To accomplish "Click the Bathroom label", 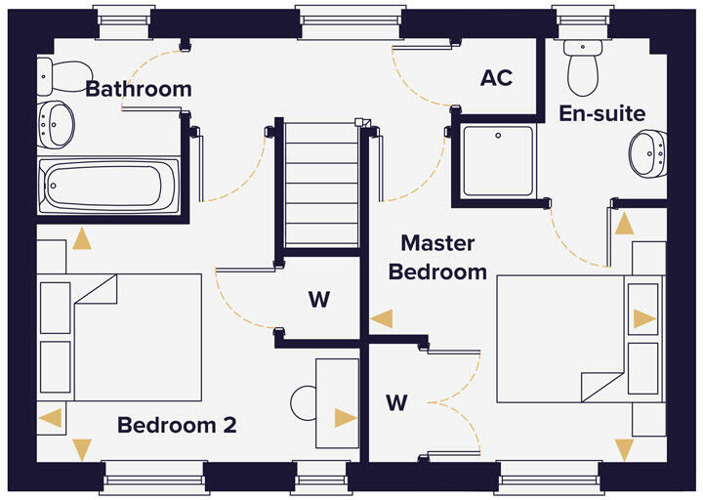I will [139, 89].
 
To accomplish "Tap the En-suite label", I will [601, 113].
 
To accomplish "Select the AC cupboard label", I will [496, 78].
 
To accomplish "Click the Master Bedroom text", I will [437, 257].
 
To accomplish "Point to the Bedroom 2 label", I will [177, 426].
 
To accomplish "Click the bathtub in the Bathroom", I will [107, 186].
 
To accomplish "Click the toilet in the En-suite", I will [584, 62].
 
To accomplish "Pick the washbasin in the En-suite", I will [646, 153].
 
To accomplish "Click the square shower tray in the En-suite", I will [497, 162].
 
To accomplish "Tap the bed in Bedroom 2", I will [122, 337].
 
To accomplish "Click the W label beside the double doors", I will [395, 402].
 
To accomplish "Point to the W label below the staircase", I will [319, 300].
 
